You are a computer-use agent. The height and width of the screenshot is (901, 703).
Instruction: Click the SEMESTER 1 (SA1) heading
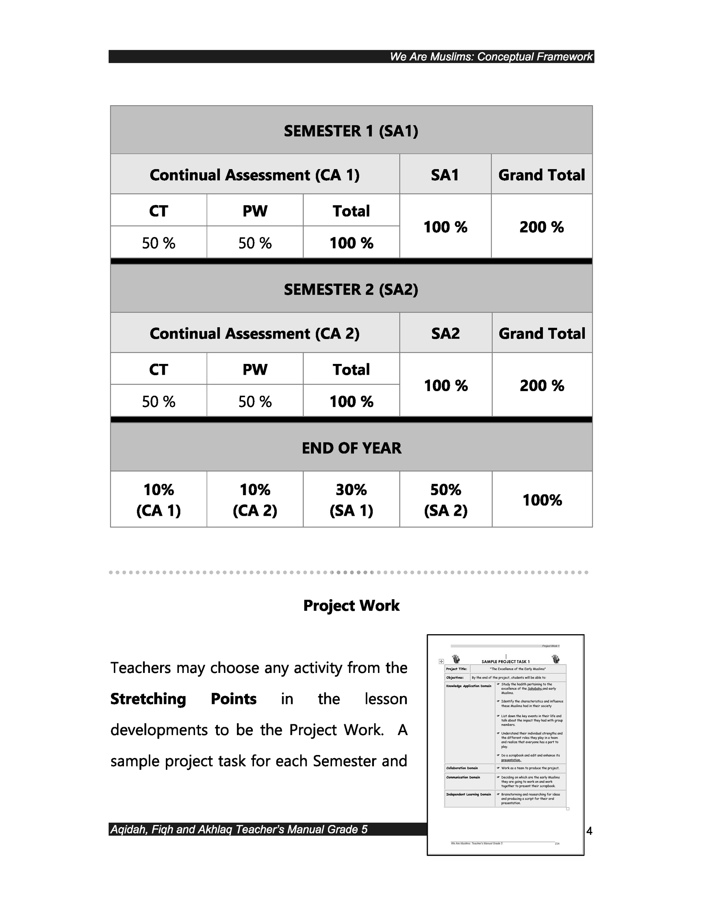pos(351,131)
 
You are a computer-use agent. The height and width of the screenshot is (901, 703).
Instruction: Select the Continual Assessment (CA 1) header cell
pos(254,175)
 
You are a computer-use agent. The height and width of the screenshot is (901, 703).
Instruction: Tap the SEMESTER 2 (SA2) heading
pos(351,289)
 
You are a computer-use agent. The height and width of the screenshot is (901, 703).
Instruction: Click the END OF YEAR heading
pos(351,448)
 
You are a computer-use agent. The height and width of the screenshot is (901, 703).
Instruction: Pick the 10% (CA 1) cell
pos(158,499)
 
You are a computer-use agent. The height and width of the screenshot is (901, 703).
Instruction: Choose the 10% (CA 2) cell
pos(255,499)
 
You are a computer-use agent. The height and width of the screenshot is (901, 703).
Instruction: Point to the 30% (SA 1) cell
pos(351,499)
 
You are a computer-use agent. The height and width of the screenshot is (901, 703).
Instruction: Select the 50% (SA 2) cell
pos(445,499)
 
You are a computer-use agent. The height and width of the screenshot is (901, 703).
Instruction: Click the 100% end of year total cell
pos(542,499)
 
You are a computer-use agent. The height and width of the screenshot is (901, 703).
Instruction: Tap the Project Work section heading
pos(351,605)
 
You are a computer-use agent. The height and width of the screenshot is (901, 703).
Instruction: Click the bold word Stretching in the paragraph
pos(148,699)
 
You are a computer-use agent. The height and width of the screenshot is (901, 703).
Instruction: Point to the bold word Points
pos(233,699)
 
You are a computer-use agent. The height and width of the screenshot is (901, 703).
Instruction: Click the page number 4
pos(589,831)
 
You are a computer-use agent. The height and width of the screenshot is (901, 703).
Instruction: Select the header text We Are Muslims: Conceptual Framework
pos(491,56)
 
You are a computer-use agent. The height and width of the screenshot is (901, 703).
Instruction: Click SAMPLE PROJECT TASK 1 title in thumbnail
pos(505,662)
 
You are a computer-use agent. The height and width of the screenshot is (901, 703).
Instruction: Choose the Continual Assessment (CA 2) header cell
pos(254,333)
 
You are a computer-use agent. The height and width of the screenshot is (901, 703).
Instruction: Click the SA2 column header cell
pos(445,333)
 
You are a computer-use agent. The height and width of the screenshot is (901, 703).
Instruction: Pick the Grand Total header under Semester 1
pos(542,175)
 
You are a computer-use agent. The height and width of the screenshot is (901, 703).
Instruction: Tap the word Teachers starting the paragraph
pos(140,668)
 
